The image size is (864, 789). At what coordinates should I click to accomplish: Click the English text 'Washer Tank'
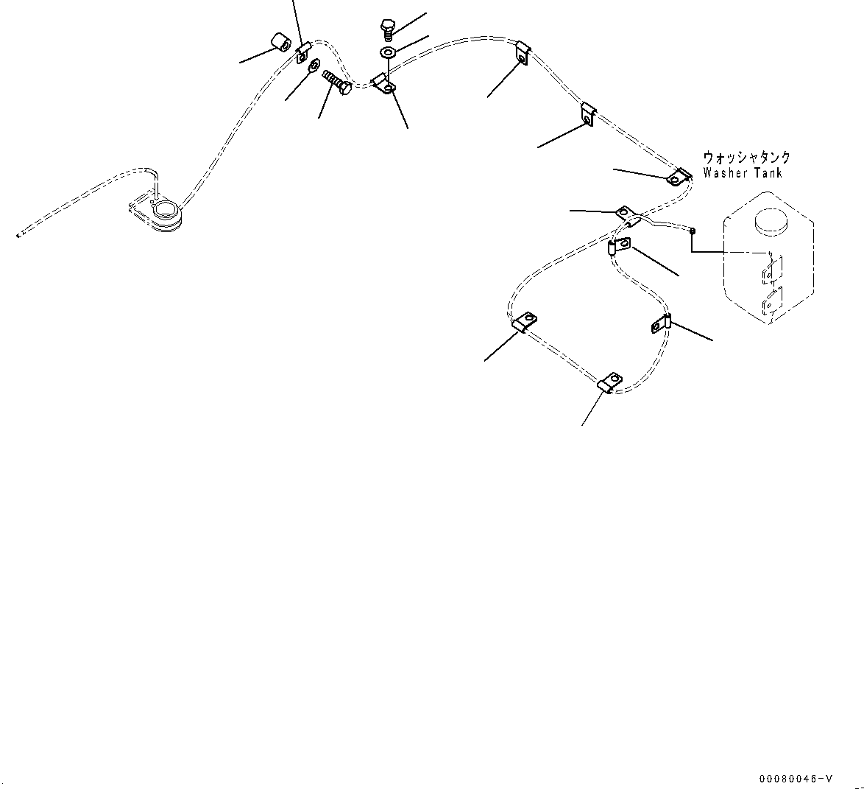742,173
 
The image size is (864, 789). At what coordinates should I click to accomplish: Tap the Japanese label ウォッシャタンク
746,158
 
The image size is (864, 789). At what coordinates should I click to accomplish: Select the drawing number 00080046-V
798,779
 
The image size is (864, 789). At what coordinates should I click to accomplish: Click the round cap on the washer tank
769,220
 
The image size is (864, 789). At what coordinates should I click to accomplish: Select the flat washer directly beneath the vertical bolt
388,53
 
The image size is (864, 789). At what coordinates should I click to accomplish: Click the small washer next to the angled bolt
314,65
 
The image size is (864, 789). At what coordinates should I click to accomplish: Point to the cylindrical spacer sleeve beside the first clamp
278,43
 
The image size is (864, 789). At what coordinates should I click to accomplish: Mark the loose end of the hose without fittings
18,236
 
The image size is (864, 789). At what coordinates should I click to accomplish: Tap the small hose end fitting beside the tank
693,230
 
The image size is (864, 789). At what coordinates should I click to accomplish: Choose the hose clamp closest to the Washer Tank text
678,178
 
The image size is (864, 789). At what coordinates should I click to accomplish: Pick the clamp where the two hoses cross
628,215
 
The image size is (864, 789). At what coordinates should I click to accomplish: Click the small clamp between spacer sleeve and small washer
302,51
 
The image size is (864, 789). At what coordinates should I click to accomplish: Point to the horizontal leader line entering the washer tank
729,252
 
